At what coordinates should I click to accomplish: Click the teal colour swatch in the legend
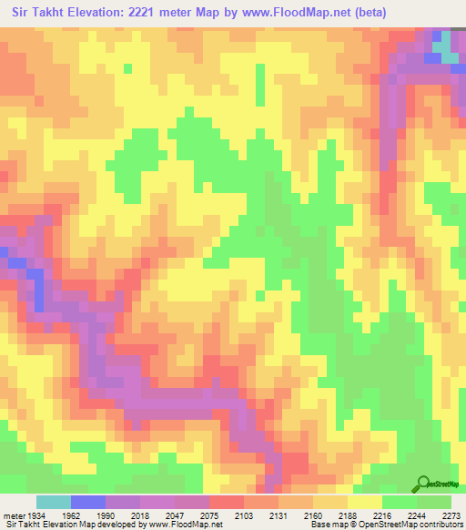click(54, 502)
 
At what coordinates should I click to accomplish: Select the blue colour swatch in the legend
click(88, 502)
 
